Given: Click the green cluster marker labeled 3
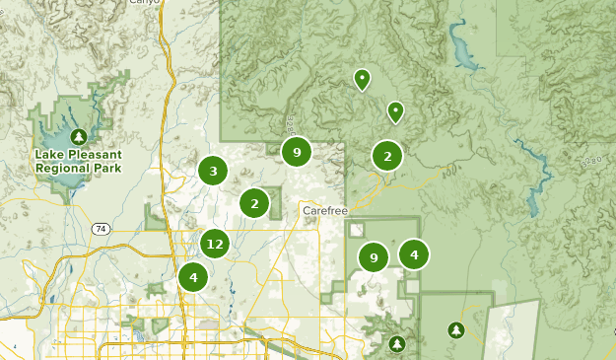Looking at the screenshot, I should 213,171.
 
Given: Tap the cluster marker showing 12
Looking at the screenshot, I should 215,243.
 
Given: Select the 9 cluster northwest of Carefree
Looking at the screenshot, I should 296,152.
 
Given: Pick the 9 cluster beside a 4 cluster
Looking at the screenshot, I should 373,257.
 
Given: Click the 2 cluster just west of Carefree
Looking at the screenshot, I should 254,203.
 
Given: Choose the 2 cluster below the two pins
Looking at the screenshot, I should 387,156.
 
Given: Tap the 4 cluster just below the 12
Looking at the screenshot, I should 193,277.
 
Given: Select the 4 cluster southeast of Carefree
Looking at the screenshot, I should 414,254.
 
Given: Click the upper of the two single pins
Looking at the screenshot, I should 362,78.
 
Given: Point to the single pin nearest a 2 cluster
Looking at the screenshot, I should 395,111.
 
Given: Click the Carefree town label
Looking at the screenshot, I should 326,210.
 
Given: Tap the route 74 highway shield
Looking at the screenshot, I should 101,228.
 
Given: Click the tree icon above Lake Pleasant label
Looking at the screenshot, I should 78,135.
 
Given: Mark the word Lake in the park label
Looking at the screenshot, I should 47,155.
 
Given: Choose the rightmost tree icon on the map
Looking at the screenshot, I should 455,328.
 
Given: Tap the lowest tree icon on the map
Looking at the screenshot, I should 396,343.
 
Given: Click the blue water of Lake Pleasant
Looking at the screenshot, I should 59,128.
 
